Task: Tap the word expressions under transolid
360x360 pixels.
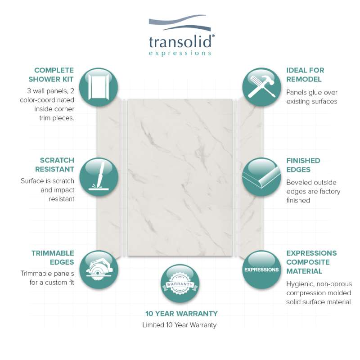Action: [x=180, y=53]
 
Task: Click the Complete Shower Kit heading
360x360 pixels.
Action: [x=51, y=75]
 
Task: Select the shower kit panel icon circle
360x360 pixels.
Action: [x=99, y=87]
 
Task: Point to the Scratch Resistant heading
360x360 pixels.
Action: [x=54, y=165]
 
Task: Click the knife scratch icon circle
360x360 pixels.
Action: [x=99, y=177]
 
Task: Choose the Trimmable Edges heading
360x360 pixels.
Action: [x=53, y=257]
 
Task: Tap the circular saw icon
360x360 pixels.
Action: [x=99, y=270]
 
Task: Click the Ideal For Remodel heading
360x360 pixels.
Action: [x=305, y=75]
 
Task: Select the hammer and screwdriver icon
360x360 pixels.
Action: [x=261, y=87]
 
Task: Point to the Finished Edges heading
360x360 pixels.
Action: [x=303, y=165]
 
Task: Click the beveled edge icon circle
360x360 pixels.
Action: [x=261, y=177]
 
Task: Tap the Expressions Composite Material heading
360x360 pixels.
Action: [x=311, y=262]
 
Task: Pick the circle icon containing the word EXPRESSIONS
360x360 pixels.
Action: [x=261, y=270]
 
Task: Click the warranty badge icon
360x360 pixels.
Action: [x=180, y=283]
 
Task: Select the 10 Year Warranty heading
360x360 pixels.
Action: [x=181, y=313]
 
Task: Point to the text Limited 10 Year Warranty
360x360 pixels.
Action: [x=179, y=325]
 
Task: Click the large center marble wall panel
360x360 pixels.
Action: [x=180, y=177]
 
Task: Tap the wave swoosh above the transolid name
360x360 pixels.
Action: [x=180, y=22]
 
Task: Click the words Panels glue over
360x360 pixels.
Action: [x=311, y=92]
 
